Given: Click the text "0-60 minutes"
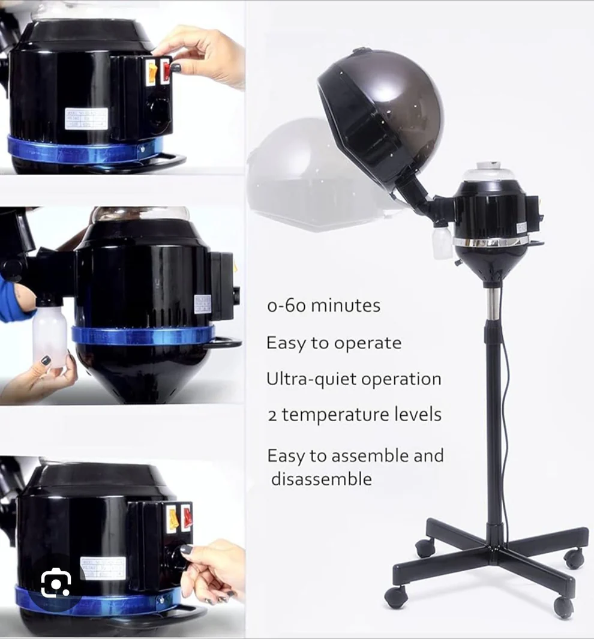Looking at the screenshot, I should pos(323,305).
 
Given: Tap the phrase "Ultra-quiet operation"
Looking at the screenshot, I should pos(354,379).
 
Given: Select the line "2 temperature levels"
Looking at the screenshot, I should pos(355,415).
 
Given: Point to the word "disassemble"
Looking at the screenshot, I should pos(321,479).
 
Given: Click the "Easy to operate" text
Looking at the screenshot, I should pos(334,343).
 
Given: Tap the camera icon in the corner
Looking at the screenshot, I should pos(56,582).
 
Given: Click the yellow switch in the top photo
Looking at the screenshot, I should pos(152,73).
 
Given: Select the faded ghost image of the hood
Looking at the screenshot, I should pos(300,171).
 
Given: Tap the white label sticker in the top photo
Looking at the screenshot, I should pos(86,118).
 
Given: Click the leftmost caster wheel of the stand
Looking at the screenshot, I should pos(396,596).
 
